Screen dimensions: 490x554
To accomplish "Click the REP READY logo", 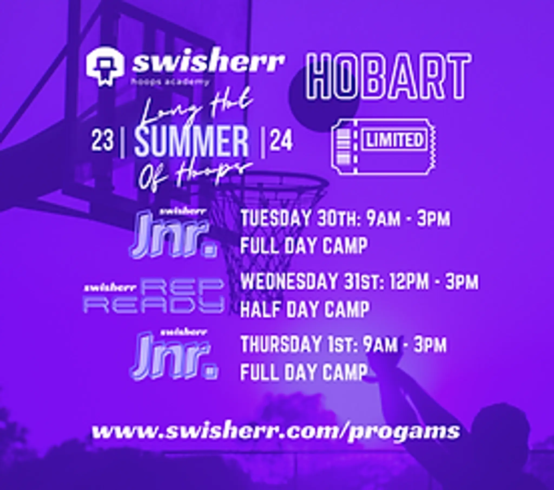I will [x=154, y=298].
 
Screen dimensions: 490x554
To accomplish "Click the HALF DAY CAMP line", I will [x=305, y=310].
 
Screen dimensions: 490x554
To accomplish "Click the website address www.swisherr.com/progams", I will [x=276, y=432].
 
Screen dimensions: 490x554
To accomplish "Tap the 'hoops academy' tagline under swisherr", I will [x=170, y=82].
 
